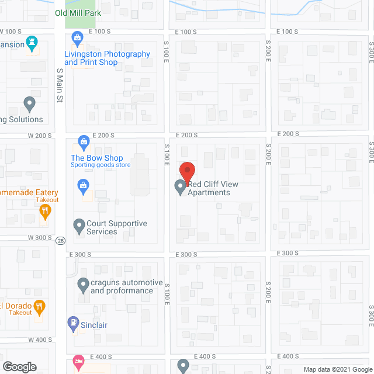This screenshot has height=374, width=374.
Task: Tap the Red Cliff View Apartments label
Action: click(213, 188)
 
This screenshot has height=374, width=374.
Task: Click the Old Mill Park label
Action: click(78, 13)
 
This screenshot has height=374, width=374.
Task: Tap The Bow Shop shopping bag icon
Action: click(84, 142)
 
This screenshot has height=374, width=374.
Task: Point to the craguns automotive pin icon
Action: click(83, 285)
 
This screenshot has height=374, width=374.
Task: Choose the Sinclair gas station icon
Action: click(73, 321)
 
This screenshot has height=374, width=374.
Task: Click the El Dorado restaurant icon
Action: click(39, 306)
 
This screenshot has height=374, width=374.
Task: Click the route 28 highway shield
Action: click(60, 240)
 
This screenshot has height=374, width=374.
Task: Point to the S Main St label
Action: click(60, 85)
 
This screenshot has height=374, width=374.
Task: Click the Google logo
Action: click(20, 366)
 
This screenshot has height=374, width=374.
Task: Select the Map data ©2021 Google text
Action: click(337, 369)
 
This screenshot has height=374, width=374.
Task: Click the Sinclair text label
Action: click(93, 325)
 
